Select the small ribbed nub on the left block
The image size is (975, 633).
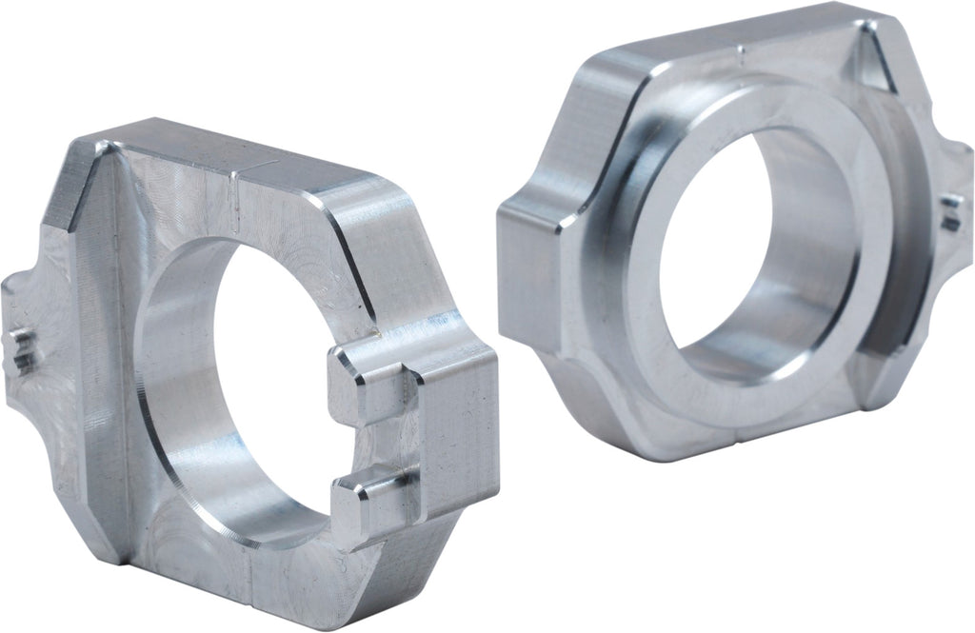23,352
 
